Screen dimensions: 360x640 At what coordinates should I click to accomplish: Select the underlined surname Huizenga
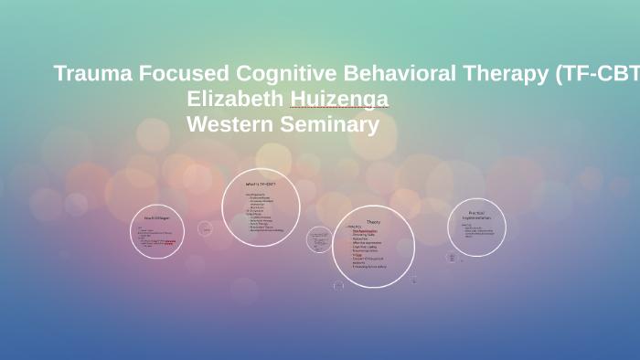pyautogui.click(x=339, y=99)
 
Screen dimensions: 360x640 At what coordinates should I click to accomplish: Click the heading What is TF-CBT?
pyautogui.click(x=261, y=184)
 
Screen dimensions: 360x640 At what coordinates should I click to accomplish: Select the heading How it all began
pyautogui.click(x=156, y=217)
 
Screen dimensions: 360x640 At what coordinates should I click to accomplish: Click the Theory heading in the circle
pyautogui.click(x=373, y=222)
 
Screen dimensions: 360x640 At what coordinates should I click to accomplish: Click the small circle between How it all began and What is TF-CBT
pyautogui.click(x=205, y=228)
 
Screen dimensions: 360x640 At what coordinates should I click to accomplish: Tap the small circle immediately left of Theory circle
pyautogui.click(x=319, y=239)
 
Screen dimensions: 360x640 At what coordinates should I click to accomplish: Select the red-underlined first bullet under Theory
pyautogui.click(x=365, y=230)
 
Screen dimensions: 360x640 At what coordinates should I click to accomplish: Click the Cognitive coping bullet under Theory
pyautogui.click(x=366, y=246)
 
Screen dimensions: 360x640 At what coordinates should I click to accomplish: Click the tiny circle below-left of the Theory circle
pyautogui.click(x=338, y=285)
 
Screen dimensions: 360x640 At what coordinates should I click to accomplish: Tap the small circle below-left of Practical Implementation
pyautogui.click(x=451, y=258)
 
